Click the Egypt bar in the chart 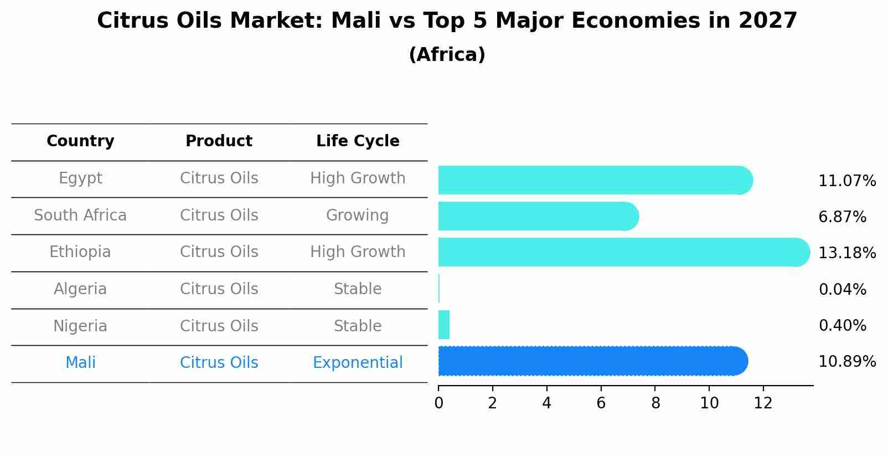[x=595, y=180]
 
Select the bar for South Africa [x=538, y=216]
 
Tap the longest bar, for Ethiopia [x=624, y=252]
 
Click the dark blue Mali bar [x=592, y=361]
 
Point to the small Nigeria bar [x=444, y=325]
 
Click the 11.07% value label [x=847, y=181]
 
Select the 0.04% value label [x=842, y=289]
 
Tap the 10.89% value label [x=847, y=362]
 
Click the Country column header [x=80, y=141]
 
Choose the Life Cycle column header [x=358, y=141]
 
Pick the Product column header [x=219, y=141]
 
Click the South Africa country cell [x=80, y=215]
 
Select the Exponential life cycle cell [x=358, y=363]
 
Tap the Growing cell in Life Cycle [x=358, y=215]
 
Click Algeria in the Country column [x=80, y=289]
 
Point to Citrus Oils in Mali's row [x=219, y=363]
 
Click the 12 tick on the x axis [x=763, y=403]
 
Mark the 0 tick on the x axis [x=438, y=403]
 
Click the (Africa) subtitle [x=447, y=55]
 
